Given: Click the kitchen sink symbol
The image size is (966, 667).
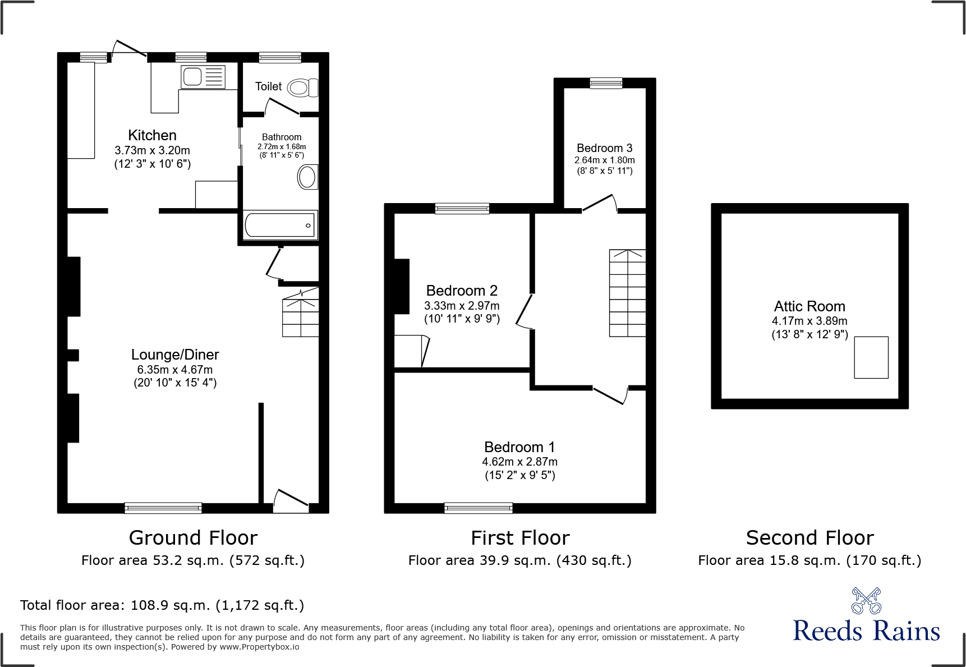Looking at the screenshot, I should (x=203, y=77).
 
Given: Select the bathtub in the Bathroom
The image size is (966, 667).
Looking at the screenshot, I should (x=280, y=225).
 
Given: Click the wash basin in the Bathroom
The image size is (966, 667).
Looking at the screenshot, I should (x=307, y=177).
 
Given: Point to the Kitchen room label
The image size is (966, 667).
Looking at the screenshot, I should (x=152, y=135).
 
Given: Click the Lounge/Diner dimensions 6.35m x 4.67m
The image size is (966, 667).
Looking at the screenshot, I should (x=174, y=370).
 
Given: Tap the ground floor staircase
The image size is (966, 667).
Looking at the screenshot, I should (x=301, y=318).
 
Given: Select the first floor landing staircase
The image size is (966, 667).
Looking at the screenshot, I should (x=627, y=293).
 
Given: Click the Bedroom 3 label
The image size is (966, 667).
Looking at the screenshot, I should (x=604, y=148).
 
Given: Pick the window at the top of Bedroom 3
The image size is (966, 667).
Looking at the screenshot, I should (x=606, y=84).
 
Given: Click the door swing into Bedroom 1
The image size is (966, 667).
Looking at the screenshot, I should (x=610, y=394).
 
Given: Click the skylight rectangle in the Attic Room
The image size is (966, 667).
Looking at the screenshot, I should (x=871, y=357).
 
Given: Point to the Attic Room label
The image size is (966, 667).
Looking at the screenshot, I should (x=809, y=306).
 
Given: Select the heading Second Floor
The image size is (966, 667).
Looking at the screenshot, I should (x=809, y=538).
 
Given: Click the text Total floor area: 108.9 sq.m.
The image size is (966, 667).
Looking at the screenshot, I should (x=162, y=605).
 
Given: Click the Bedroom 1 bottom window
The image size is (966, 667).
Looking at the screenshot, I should (x=478, y=508).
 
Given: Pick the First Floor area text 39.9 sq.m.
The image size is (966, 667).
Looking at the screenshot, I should (x=519, y=560).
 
